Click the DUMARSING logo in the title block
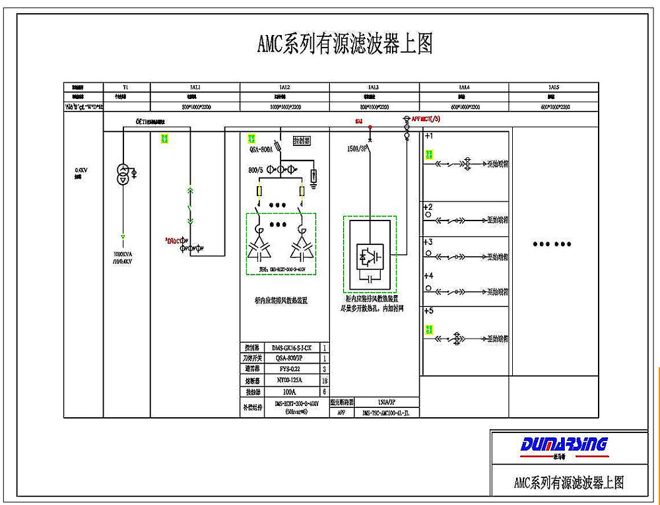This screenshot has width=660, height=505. click(564, 444)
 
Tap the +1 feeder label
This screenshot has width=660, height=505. click(428, 136)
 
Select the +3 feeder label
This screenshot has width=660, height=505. click(428, 242)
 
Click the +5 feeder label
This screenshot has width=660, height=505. click(428, 311)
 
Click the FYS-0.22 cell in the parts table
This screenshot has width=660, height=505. click(292, 370)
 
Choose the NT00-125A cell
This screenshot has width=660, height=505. click(292, 381)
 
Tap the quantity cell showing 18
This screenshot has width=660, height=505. click(323, 381)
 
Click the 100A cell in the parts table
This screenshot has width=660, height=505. click(292, 392)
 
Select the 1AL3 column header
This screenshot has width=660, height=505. click(373, 87)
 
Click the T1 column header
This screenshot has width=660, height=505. click(126, 87)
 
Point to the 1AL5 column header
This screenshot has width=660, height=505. click(554, 87)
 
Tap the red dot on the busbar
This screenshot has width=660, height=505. click(370, 127)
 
